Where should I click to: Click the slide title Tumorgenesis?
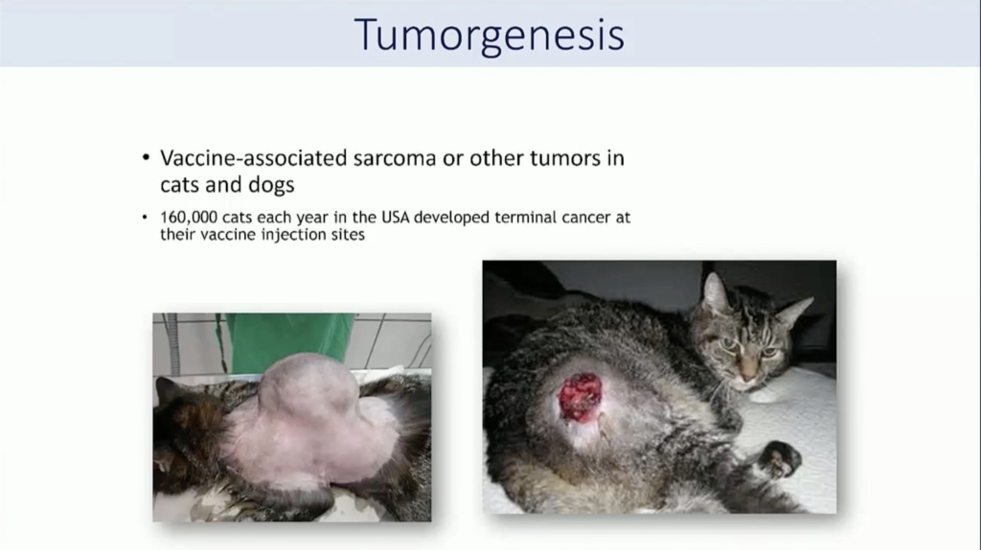click(x=490, y=35)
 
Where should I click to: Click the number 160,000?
click(x=189, y=218)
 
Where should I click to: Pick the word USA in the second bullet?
click(x=395, y=218)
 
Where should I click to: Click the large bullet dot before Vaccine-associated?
click(x=146, y=157)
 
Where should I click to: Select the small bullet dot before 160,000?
click(x=145, y=218)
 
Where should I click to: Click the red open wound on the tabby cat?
click(x=580, y=396)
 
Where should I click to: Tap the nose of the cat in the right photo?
click(x=747, y=376)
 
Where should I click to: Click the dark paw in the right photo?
click(x=779, y=459)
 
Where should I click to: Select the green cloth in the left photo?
click(x=288, y=340)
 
